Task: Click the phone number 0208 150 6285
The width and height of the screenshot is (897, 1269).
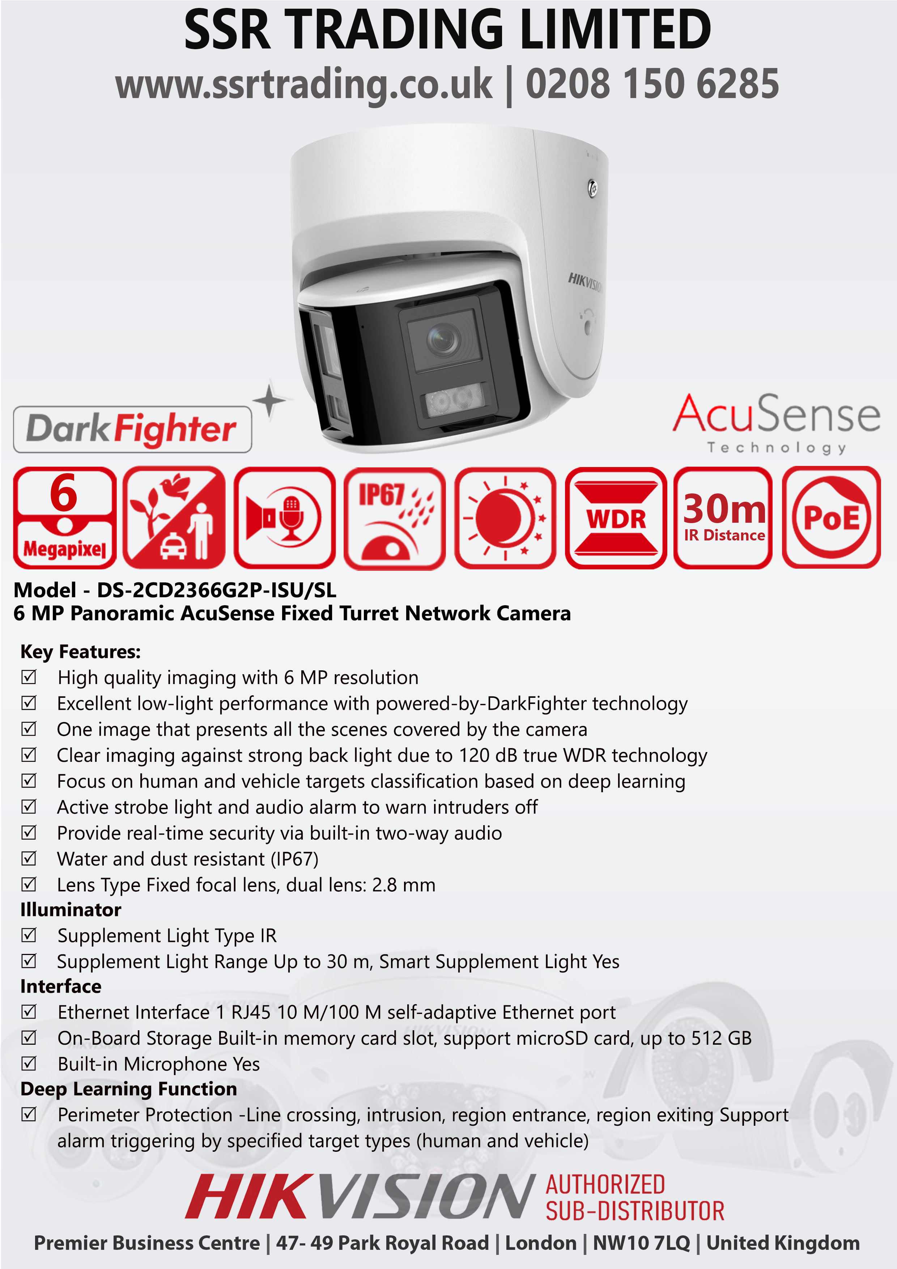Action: [652, 84]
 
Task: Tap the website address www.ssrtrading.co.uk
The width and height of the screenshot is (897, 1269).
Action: [303, 86]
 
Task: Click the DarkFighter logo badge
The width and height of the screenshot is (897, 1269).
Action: [133, 429]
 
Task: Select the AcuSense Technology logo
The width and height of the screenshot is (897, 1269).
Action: [776, 423]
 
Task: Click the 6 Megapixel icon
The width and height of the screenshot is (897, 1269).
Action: [65, 517]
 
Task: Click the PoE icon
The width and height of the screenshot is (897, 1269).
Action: [831, 517]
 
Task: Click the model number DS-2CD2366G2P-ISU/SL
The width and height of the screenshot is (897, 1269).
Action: [217, 590]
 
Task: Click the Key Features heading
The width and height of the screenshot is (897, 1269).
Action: [81, 652]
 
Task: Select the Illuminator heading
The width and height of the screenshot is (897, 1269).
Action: [71, 910]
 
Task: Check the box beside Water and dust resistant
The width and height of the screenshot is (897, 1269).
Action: [29, 858]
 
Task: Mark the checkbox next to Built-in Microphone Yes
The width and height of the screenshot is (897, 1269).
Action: [29, 1064]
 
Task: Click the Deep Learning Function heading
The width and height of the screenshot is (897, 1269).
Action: [129, 1089]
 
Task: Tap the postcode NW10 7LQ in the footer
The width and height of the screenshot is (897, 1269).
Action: [642, 1243]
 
